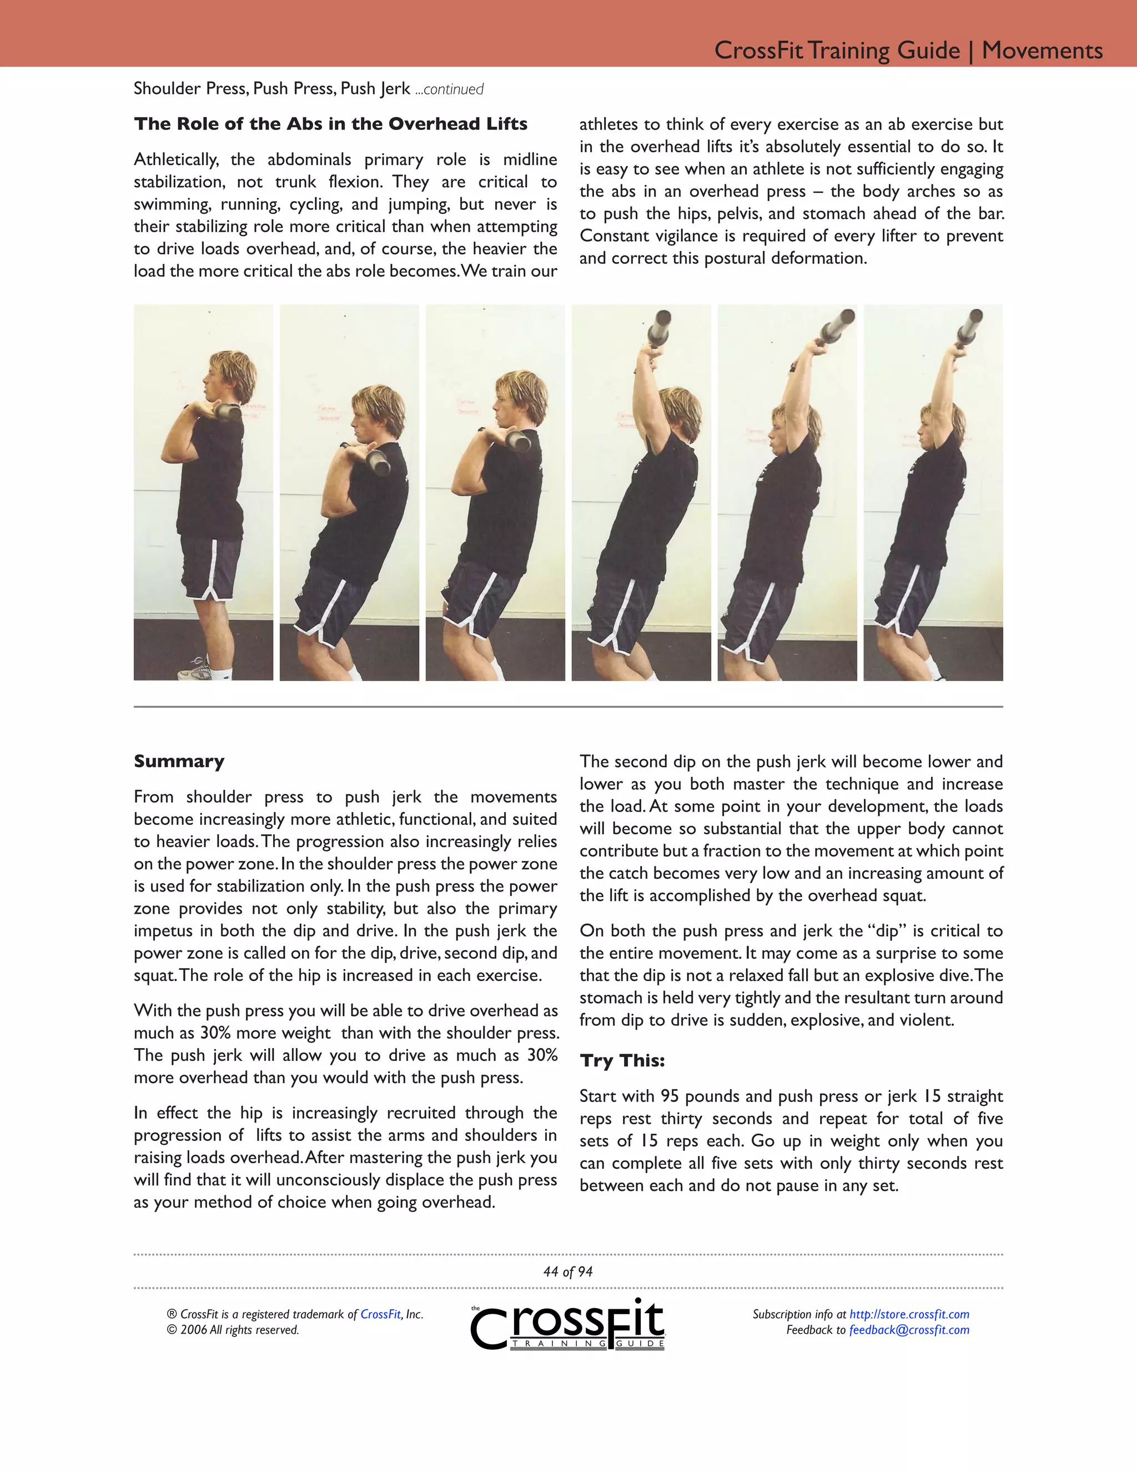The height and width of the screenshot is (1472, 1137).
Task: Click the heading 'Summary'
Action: click(179, 761)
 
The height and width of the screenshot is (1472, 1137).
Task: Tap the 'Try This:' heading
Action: click(622, 1060)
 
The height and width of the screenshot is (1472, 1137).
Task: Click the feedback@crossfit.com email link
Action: click(909, 1330)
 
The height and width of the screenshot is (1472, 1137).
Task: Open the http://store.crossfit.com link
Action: click(909, 1314)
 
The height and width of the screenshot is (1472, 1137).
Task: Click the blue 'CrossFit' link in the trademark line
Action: click(380, 1314)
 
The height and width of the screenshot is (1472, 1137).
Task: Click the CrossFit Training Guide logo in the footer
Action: click(568, 1324)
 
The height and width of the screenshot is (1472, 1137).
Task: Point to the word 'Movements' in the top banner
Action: click(1042, 50)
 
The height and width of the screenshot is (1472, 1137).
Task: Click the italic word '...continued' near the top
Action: click(449, 89)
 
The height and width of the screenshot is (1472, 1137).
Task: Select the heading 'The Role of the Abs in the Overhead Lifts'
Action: click(330, 124)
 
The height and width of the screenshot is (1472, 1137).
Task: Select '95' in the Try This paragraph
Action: click(669, 1096)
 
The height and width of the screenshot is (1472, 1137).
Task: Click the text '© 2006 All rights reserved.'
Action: click(233, 1330)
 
